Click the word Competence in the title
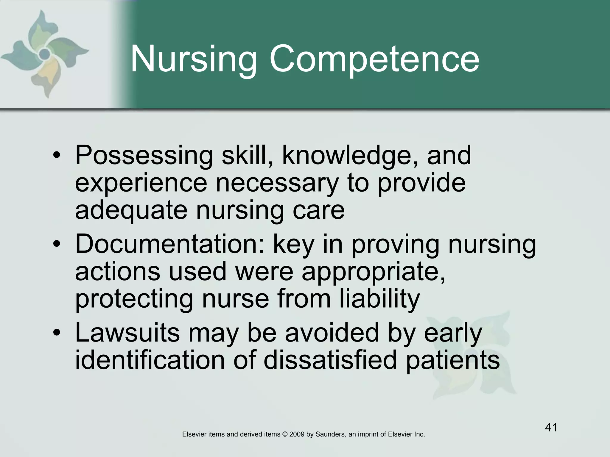tap(374, 60)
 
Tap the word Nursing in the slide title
tap(194, 60)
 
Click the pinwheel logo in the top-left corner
tap(45, 54)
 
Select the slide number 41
tap(551, 428)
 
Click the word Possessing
tap(144, 155)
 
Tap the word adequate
tap(131, 210)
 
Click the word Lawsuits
tap(127, 333)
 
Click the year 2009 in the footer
tap(297, 434)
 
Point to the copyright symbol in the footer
tap(284, 434)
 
